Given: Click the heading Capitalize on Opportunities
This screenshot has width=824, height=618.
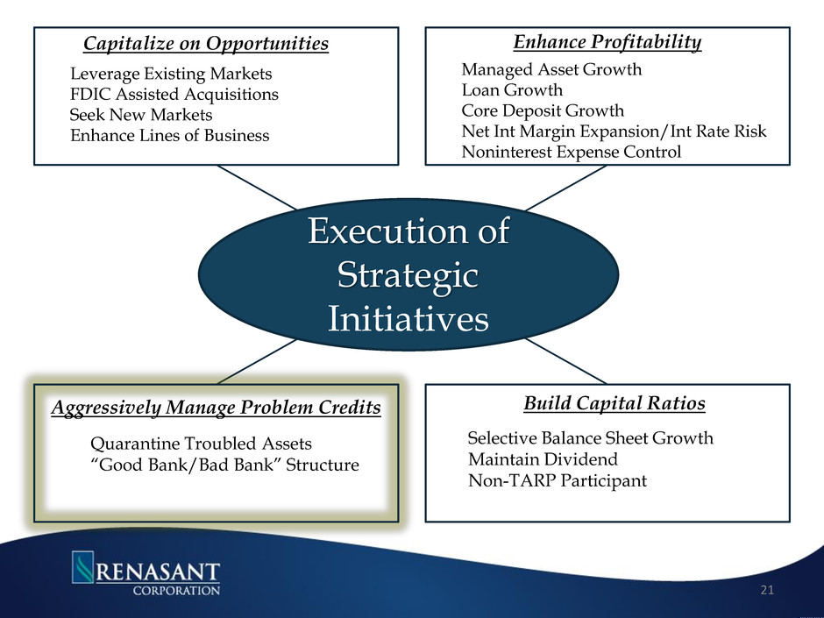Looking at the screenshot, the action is [x=206, y=43].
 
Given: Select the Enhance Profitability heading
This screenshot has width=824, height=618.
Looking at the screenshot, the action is [x=607, y=42].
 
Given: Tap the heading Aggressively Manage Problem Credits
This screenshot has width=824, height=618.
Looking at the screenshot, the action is [x=216, y=408].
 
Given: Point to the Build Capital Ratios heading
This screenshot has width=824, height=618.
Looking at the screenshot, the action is [x=614, y=403].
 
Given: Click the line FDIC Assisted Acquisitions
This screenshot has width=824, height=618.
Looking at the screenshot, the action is [x=174, y=94].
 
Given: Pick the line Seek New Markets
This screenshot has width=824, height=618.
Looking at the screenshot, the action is [x=141, y=115].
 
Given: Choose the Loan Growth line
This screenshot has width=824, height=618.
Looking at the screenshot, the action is [x=512, y=90].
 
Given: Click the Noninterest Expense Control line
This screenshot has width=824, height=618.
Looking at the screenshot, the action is [x=572, y=152].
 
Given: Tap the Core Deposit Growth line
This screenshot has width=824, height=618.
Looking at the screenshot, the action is [x=543, y=110].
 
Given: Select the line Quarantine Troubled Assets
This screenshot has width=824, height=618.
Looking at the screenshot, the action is [x=202, y=444].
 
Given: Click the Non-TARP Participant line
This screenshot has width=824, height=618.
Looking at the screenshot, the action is [x=558, y=480].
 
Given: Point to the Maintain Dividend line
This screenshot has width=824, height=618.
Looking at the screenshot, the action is [x=543, y=459].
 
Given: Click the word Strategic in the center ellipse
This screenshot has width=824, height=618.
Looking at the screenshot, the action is [x=408, y=275].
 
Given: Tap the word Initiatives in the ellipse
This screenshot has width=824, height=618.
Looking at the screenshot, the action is [x=408, y=318].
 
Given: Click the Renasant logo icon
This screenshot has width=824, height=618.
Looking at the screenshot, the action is [x=82, y=566].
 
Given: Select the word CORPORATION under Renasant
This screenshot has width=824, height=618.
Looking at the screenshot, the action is [x=176, y=590].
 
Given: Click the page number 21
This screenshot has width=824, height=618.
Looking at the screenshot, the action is [x=767, y=590].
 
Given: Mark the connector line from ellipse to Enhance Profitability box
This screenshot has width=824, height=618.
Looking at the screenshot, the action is [x=566, y=188].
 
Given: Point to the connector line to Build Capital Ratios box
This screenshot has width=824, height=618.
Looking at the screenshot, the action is [x=566, y=361].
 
